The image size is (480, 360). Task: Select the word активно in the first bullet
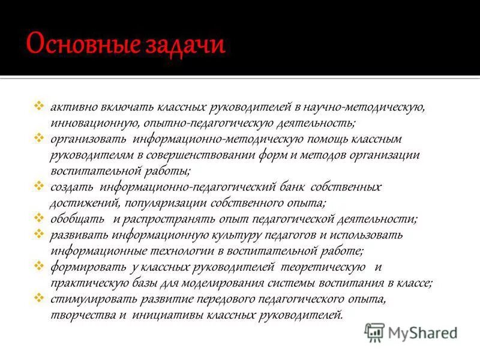(70, 108)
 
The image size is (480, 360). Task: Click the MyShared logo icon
(375, 332)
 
